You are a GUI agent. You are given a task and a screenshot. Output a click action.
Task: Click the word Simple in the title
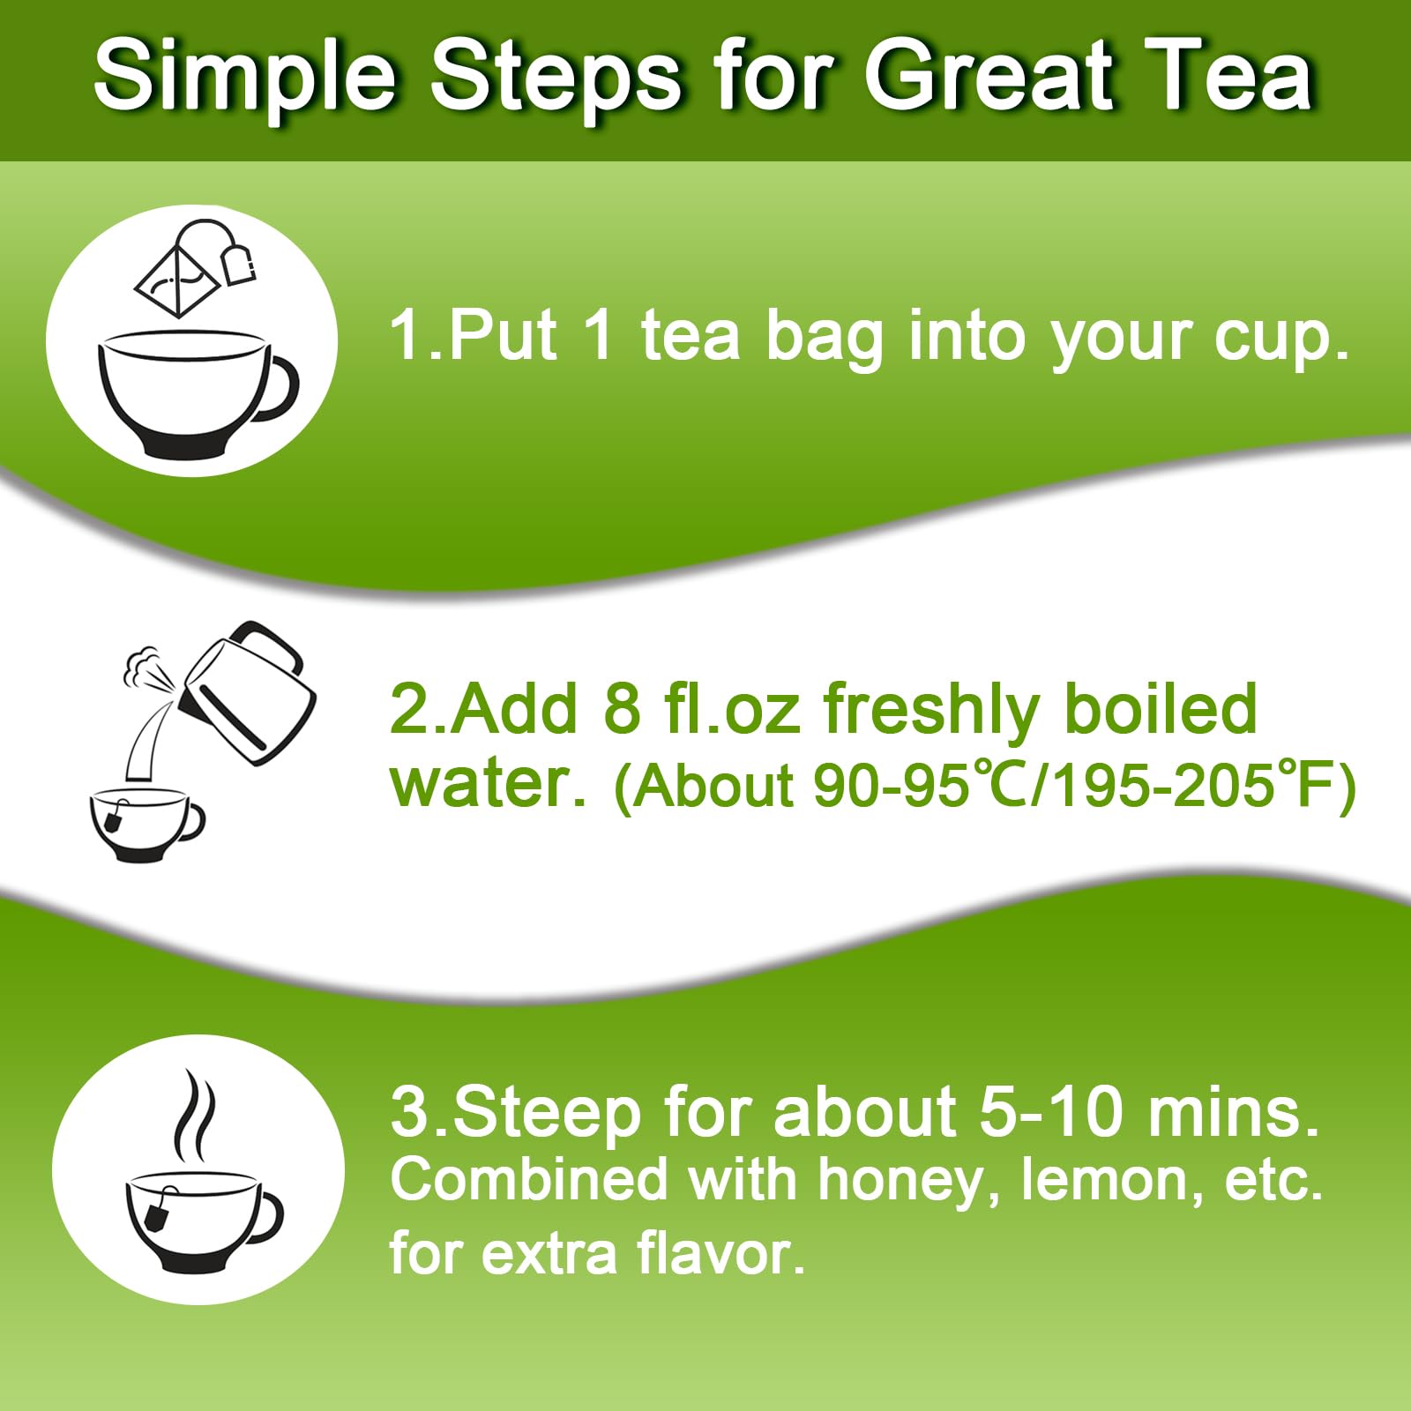click(x=245, y=78)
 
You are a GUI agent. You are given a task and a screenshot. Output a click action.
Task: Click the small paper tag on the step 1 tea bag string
click(x=238, y=265)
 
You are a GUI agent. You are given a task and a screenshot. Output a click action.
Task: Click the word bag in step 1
click(x=824, y=338)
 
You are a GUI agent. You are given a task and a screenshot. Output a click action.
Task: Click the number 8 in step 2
click(x=622, y=709)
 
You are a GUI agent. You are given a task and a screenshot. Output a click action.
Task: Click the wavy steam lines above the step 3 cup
click(x=194, y=1116)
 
